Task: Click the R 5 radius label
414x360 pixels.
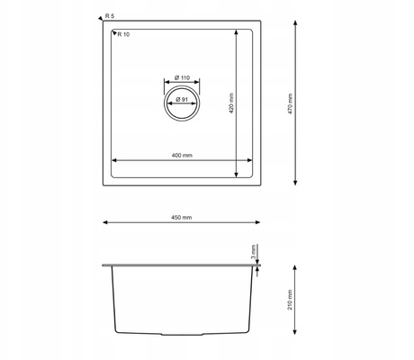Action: click(110, 16)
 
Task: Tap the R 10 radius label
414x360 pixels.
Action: click(123, 34)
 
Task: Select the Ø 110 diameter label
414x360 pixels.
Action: click(182, 77)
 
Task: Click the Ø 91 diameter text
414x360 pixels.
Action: click(182, 99)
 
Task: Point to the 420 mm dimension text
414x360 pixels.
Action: click(231, 103)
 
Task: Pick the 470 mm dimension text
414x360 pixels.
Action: click(290, 103)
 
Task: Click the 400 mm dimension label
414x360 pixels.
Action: click(182, 156)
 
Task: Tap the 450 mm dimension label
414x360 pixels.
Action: click(181, 218)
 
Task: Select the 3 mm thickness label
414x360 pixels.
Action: click(254, 252)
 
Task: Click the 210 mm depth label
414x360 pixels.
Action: click(290, 300)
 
